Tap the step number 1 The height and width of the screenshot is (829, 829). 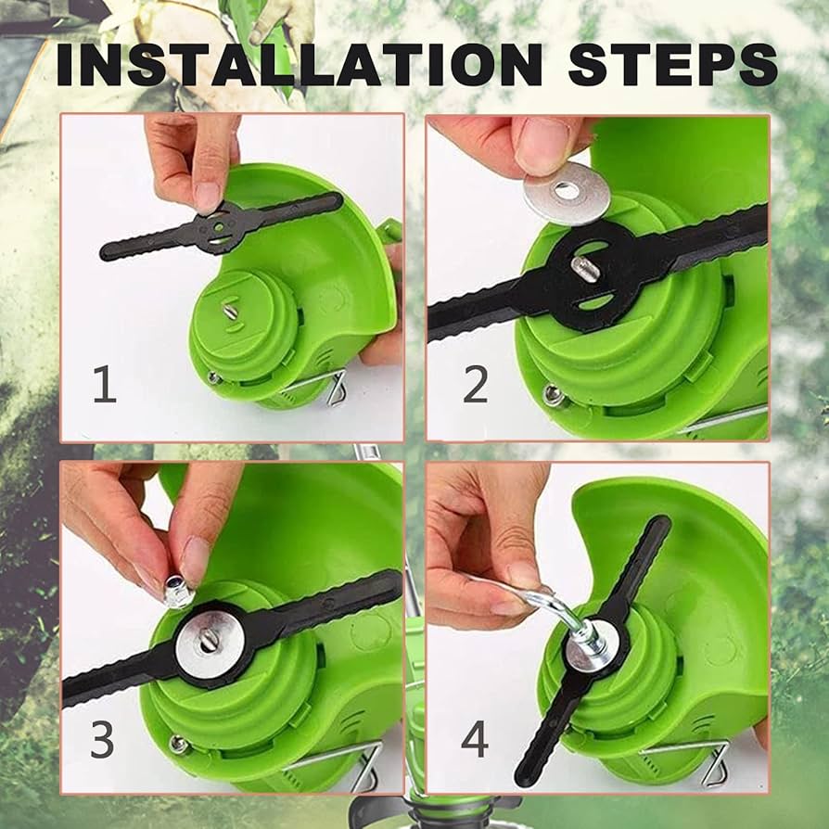pyautogui.click(x=104, y=384)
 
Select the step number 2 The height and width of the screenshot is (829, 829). pyautogui.click(x=475, y=384)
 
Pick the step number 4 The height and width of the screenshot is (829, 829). pyautogui.click(x=475, y=739)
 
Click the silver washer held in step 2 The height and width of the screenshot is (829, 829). pyautogui.click(x=566, y=192)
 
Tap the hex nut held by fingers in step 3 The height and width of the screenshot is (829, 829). pyautogui.click(x=178, y=591)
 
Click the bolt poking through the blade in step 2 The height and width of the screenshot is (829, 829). pyautogui.click(x=584, y=271)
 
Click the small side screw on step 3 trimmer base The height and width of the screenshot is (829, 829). pyautogui.click(x=177, y=744)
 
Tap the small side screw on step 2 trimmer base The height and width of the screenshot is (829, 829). pyautogui.click(x=554, y=395)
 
